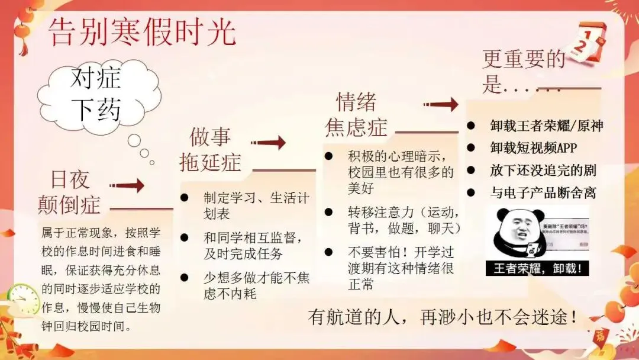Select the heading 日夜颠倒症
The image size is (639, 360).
(x=69, y=191)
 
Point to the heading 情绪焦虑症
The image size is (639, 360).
(x=355, y=115)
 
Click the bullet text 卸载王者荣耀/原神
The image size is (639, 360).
(x=546, y=126)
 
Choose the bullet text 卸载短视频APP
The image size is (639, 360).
(x=532, y=148)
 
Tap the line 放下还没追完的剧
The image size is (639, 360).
(x=543, y=171)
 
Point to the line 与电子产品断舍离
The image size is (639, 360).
(x=543, y=192)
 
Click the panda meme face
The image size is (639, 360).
(x=512, y=231)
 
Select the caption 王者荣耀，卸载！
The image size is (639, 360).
(x=537, y=268)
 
